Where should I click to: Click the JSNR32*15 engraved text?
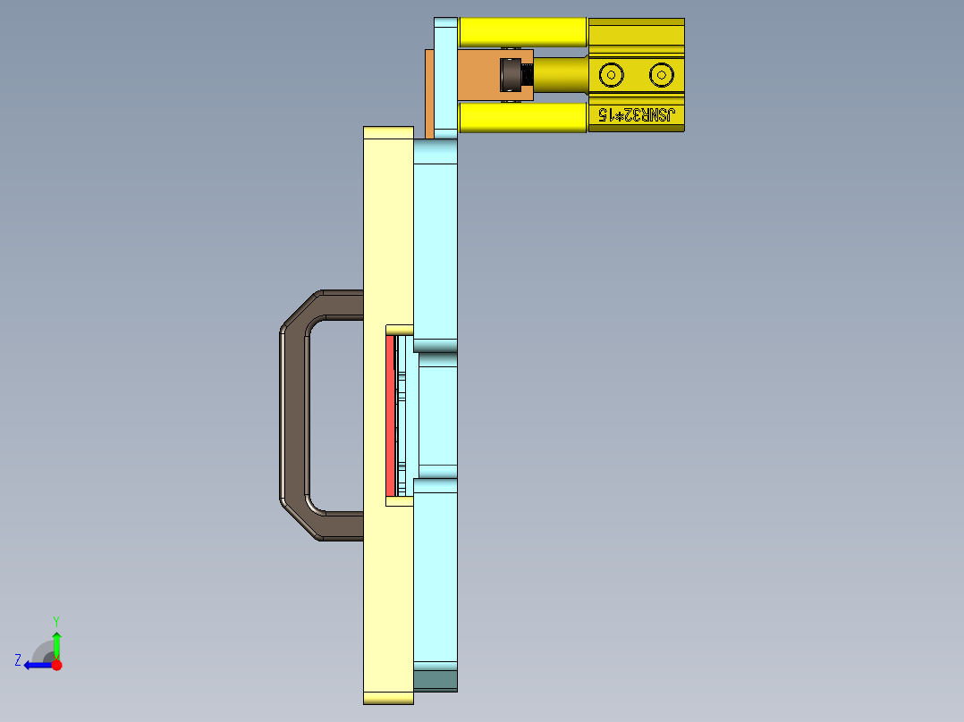[x=636, y=115]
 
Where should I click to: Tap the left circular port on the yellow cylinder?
[x=611, y=75]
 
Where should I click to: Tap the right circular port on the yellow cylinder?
[x=661, y=75]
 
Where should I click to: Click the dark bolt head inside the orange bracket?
[x=512, y=75]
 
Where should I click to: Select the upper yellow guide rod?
[x=523, y=33]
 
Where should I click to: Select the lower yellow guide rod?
[x=523, y=118]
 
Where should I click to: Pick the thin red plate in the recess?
[x=390, y=416]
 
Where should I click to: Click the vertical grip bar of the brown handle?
[x=293, y=416]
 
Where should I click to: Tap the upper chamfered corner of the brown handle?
[x=300, y=308]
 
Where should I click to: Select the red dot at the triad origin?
[x=56, y=665]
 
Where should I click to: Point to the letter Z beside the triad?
[x=18, y=659]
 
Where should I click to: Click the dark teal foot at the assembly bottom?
[x=435, y=680]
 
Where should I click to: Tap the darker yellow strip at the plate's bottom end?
[x=388, y=697]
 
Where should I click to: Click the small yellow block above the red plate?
[x=399, y=330]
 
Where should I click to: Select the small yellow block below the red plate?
[x=399, y=501]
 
